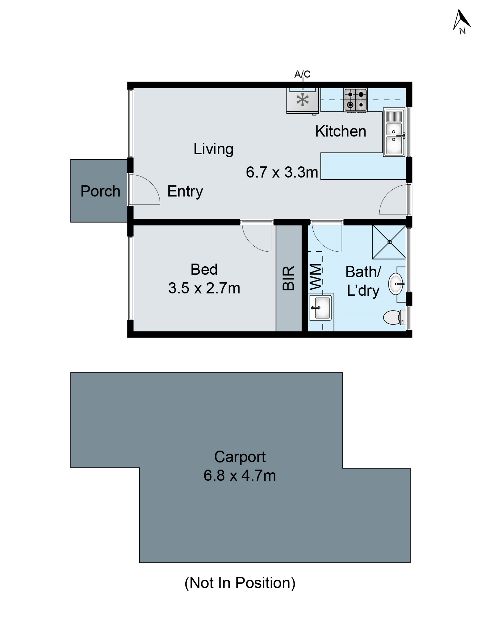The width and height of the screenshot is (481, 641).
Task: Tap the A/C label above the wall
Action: click(302, 74)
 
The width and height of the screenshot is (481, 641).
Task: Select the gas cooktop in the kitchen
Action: click(355, 100)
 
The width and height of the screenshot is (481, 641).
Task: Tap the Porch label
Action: click(100, 191)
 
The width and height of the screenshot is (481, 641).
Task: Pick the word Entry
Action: click(185, 191)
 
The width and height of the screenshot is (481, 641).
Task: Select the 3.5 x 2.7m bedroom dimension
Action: click(204, 288)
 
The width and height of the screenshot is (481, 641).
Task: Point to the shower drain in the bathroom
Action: click(389, 242)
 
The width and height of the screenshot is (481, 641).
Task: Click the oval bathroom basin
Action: click(396, 284)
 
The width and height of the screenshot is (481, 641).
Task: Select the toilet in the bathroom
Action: click(393, 317)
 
